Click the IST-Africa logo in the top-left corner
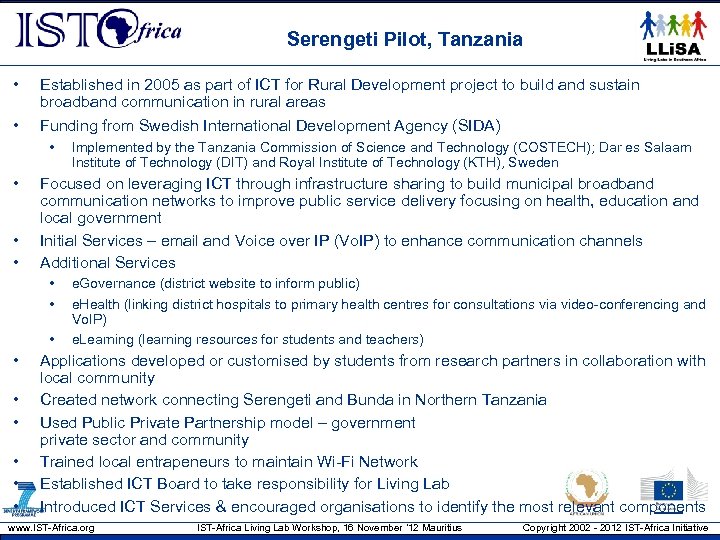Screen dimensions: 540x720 (x=98, y=32)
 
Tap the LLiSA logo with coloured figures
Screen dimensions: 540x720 (x=675, y=37)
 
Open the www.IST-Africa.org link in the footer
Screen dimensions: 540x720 (x=51, y=528)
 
